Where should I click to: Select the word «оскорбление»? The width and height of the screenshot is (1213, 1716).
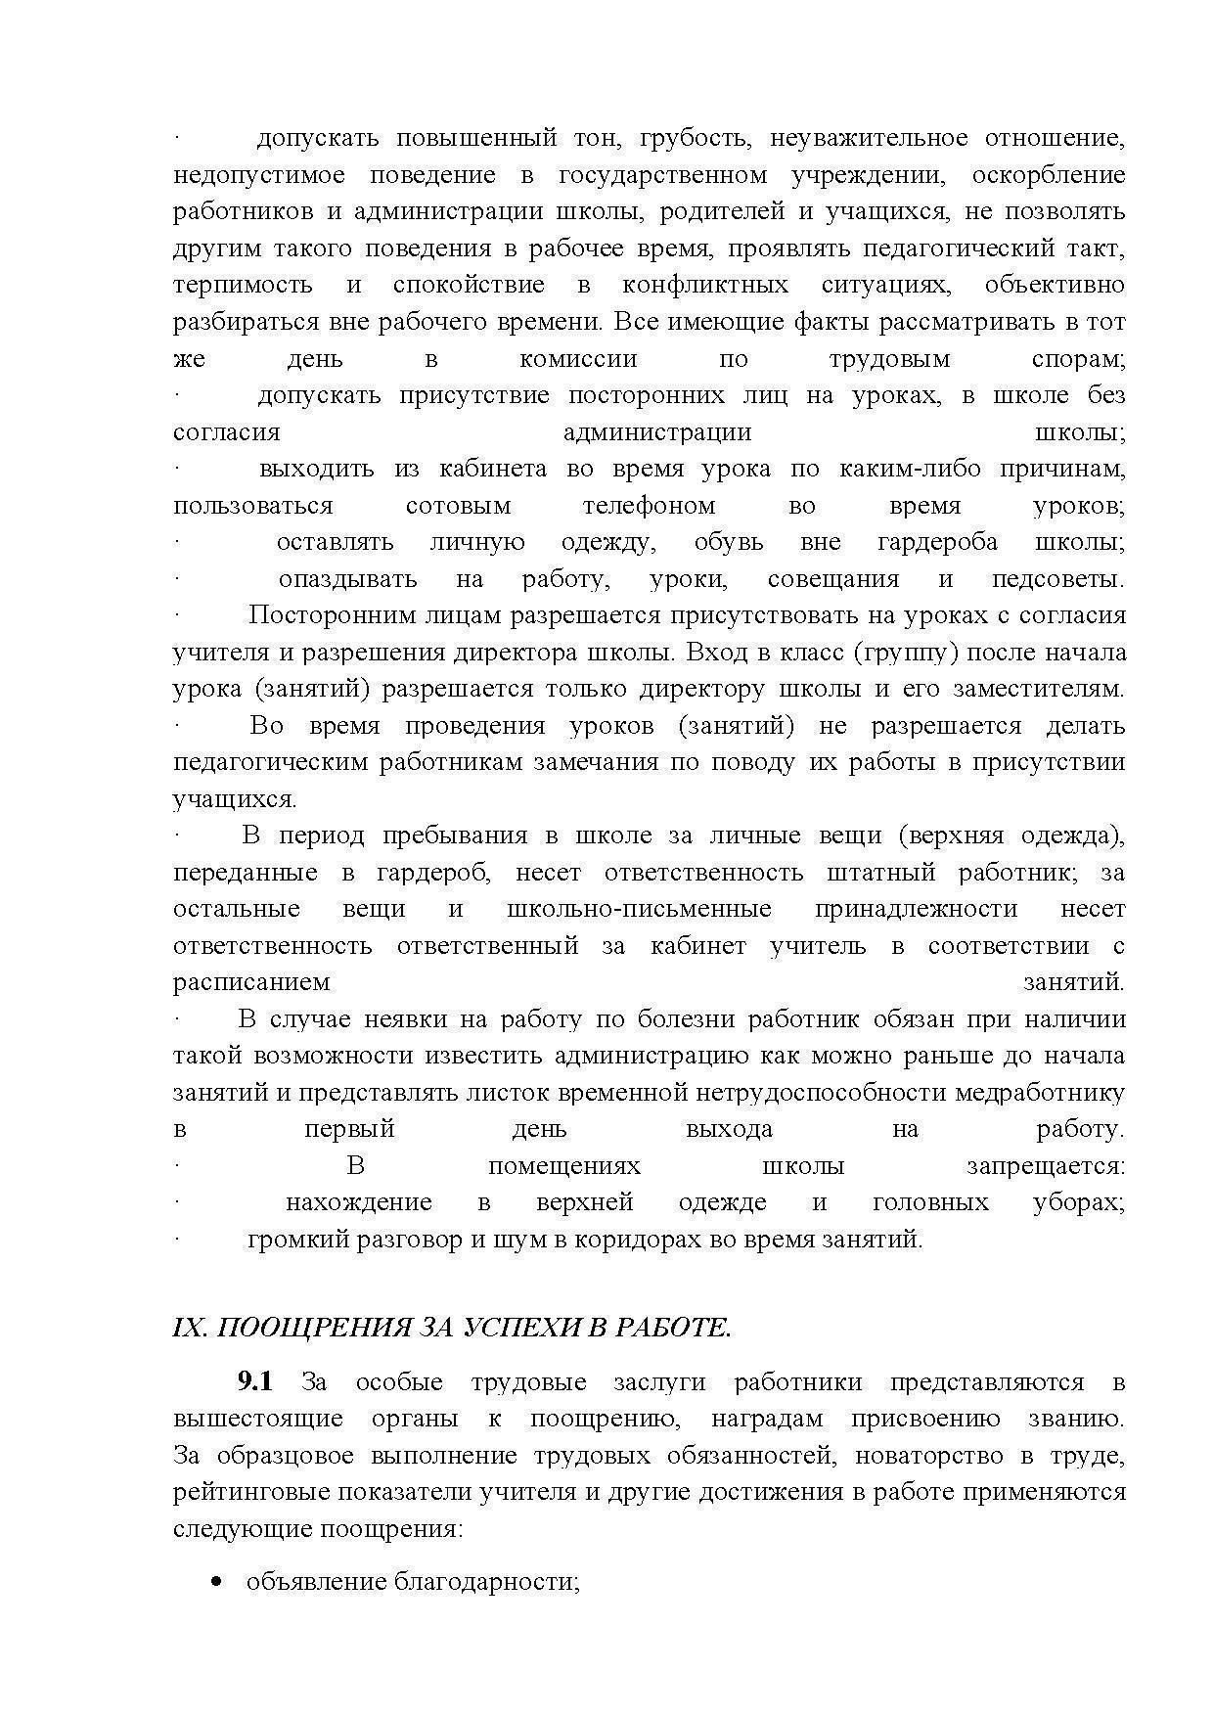click(x=1049, y=175)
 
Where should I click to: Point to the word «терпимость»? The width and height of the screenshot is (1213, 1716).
click(x=243, y=286)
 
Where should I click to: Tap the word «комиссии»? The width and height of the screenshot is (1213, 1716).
click(x=578, y=359)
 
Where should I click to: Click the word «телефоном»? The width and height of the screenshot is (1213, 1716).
click(x=649, y=506)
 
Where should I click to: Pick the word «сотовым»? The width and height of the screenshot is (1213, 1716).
click(x=458, y=506)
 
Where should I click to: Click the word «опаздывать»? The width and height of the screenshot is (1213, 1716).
click(x=347, y=579)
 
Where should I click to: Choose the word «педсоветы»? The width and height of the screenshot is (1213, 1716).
click(x=1057, y=579)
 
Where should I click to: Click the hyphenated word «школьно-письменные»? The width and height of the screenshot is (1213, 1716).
click(x=639, y=909)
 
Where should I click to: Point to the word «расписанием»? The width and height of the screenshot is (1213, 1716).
click(x=251, y=981)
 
